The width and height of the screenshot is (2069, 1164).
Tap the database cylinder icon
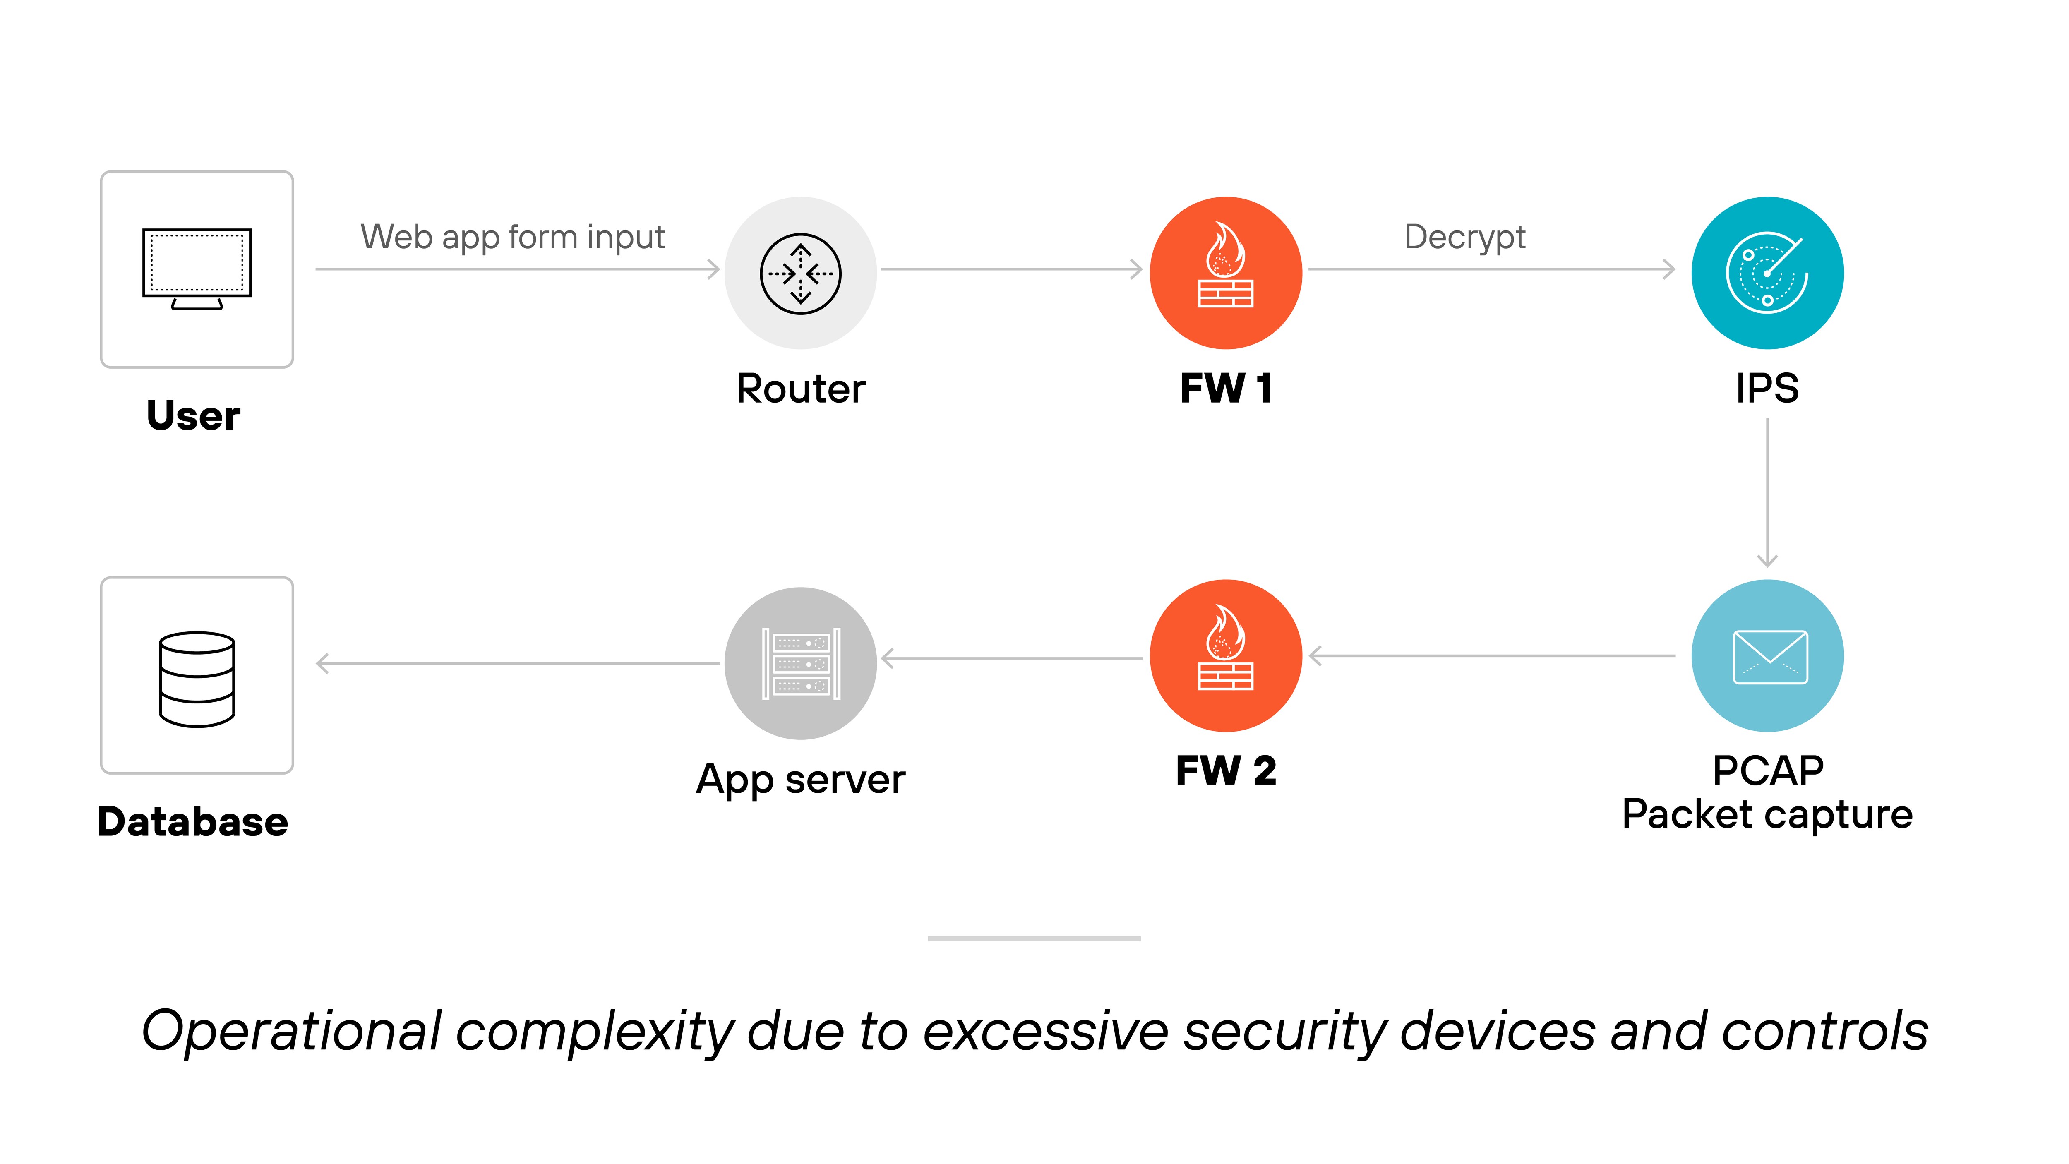(197, 679)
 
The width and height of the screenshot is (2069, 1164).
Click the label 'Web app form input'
(512, 237)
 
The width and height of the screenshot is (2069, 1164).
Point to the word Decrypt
(1464, 237)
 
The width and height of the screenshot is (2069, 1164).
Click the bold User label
(194, 415)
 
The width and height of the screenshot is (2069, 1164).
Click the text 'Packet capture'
(1767, 815)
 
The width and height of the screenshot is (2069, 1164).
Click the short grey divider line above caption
(1034, 938)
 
